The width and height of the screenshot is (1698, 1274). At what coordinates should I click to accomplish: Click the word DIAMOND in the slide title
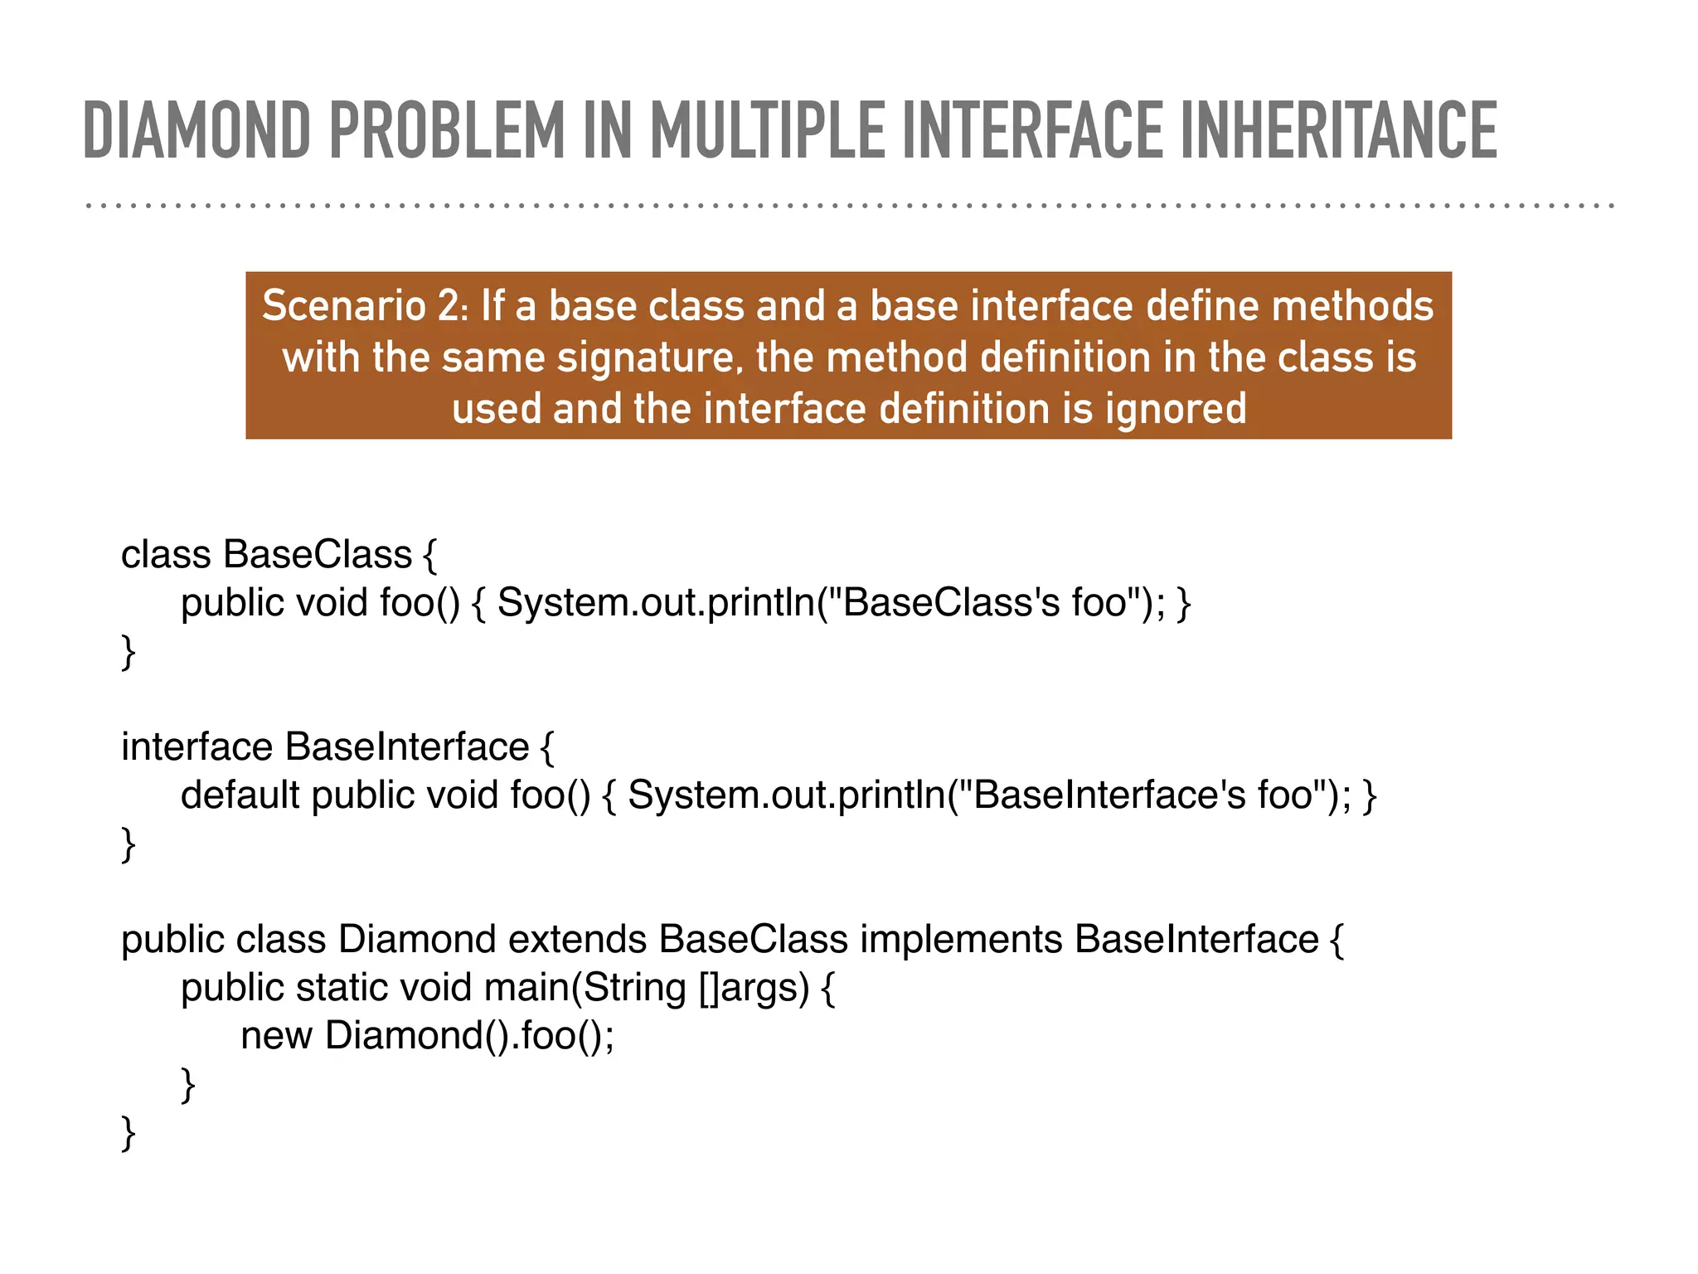(197, 130)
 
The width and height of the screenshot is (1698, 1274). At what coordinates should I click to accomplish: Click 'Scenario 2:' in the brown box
(366, 306)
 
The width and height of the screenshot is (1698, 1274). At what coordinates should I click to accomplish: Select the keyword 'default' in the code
(240, 795)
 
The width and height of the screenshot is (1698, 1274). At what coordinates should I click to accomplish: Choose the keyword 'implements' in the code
(961, 939)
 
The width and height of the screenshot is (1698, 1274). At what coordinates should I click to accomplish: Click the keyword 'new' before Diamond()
(276, 1035)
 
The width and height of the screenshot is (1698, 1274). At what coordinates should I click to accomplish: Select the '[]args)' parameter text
(754, 987)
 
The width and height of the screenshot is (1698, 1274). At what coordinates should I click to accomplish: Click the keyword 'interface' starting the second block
(196, 746)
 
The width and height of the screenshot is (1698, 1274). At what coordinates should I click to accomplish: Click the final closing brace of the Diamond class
(129, 1133)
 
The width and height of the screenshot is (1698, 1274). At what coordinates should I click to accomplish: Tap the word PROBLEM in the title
(447, 130)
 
